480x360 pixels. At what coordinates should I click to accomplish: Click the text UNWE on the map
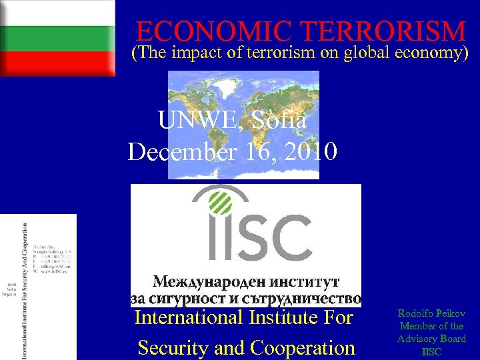click(191, 121)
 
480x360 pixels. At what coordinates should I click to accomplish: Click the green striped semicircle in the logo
click(220, 201)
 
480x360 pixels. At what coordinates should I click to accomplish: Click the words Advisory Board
click(431, 339)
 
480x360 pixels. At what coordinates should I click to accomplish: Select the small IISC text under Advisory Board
click(431, 351)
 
